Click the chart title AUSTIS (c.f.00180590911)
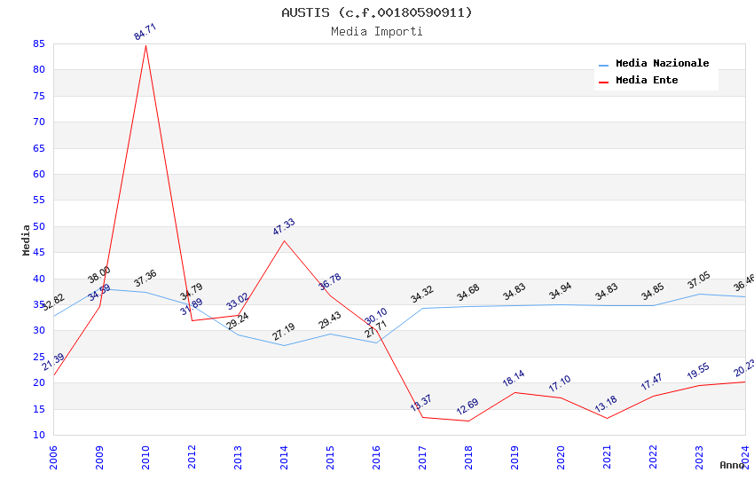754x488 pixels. pos(377,12)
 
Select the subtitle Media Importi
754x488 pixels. pos(377,31)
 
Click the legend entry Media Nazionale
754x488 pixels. pos(662,64)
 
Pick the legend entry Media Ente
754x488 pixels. pos(647,81)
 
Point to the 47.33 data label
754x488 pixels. pos(284,227)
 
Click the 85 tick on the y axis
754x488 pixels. pos(38,43)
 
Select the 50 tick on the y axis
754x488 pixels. pos(38,226)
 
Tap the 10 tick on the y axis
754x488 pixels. pos(38,435)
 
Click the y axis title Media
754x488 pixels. pos(27,240)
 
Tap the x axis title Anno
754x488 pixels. pos(732,465)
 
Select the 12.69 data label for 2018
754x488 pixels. pos(467,407)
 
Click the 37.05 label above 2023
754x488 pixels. pos(699,281)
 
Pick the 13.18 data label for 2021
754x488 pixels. pos(606,405)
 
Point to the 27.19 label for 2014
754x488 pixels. pos(284,333)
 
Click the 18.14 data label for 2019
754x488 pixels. pos(514,379)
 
